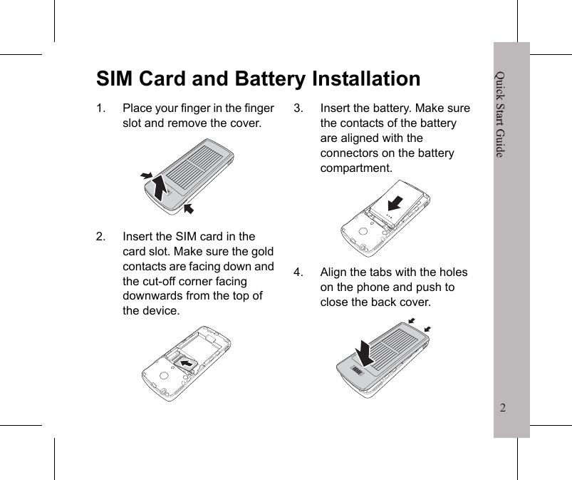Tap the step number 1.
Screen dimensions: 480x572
tap(102, 108)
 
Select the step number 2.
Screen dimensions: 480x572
tap(102, 237)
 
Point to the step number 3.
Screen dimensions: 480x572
tap(299, 108)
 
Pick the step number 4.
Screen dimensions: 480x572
tap(299, 272)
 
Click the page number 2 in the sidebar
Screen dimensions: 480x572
tap(504, 409)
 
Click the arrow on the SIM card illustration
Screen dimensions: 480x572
tap(188, 364)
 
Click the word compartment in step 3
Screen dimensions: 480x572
tap(355, 168)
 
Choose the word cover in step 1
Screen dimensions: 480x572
tap(244, 123)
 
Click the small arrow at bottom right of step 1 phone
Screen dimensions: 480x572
tap(189, 208)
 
